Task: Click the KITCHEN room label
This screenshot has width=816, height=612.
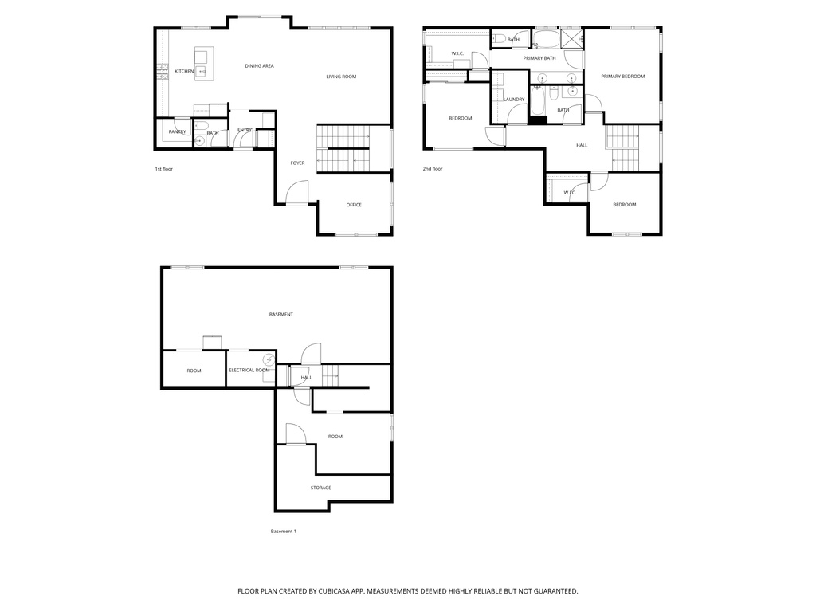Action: [184, 72]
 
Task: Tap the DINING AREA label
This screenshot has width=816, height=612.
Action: [259, 66]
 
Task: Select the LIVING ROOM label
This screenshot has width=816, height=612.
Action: [341, 76]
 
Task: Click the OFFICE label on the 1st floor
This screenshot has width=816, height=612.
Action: [354, 205]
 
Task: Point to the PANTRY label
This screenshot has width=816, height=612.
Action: [177, 131]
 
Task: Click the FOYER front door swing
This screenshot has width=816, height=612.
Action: [297, 192]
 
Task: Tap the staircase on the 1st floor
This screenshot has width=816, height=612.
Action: [343, 148]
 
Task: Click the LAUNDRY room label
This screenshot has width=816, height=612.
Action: [513, 100]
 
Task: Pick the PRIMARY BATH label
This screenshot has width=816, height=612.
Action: [539, 58]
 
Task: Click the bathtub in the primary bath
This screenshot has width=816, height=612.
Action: [547, 37]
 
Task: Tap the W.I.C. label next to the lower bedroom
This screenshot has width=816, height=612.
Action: [570, 192]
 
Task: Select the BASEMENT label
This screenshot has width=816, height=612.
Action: [280, 315]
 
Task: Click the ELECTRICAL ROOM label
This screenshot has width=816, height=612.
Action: [249, 371]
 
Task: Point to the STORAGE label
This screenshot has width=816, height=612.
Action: [321, 488]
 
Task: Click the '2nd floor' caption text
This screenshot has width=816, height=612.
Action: [433, 169]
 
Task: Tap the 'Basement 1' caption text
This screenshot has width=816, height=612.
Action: [284, 532]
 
